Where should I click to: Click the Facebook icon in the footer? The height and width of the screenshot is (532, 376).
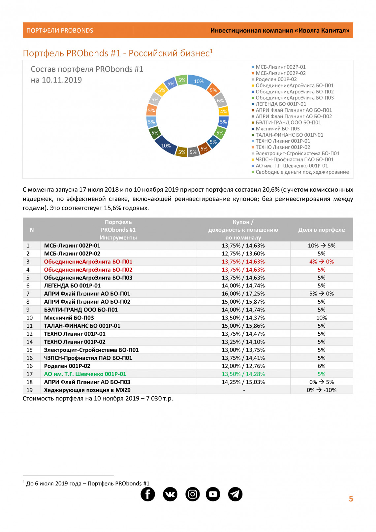[x=148, y=494]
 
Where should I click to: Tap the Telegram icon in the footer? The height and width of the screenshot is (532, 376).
[x=235, y=494]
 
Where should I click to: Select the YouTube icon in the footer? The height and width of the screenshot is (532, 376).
[x=213, y=494]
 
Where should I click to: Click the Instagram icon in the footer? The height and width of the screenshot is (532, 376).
[x=192, y=494]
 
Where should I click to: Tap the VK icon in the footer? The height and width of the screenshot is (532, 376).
[x=170, y=494]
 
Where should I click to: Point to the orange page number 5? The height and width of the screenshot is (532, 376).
[x=351, y=499]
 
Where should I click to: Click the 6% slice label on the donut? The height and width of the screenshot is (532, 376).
[x=220, y=101]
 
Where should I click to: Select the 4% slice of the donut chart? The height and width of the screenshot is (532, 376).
[x=224, y=111]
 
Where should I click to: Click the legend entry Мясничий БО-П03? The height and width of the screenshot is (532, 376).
[x=277, y=129]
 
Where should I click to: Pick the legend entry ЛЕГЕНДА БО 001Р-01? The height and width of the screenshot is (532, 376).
[x=281, y=104]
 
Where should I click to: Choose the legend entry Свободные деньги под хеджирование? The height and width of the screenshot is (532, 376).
[x=302, y=172]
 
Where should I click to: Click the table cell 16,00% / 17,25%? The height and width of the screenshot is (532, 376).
[x=243, y=294]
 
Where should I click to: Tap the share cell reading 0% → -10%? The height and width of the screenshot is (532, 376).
[x=322, y=390]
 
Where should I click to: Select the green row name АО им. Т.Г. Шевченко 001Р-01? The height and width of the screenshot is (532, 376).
[x=85, y=374]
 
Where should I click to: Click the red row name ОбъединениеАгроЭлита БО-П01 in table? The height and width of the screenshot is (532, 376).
[x=88, y=262]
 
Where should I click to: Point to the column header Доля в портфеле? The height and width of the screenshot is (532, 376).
[x=322, y=230]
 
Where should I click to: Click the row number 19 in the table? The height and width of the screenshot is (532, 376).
[x=30, y=390]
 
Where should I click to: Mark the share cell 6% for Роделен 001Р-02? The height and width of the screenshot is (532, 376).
[x=322, y=366]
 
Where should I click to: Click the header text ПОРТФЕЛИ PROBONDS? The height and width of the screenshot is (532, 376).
[x=60, y=31]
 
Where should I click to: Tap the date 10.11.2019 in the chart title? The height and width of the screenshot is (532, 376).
[x=62, y=80]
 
